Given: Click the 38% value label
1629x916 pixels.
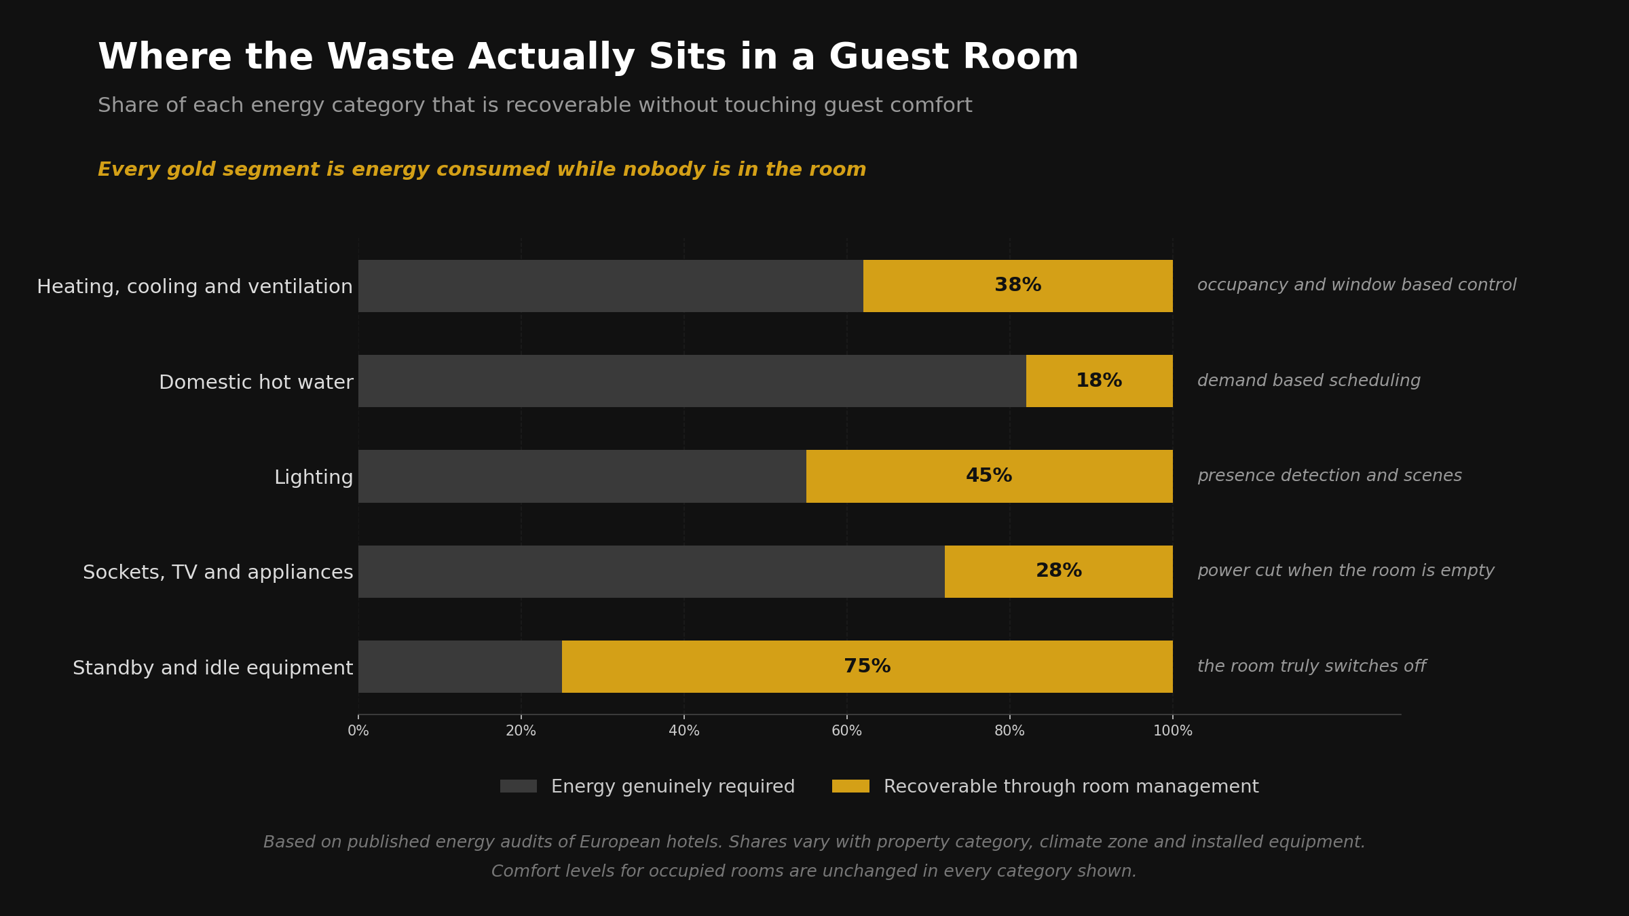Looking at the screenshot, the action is tap(1017, 286).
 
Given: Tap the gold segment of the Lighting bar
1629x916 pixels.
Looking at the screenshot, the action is tap(989, 476).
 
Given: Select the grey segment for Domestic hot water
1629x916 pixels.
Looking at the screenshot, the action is tap(692, 381).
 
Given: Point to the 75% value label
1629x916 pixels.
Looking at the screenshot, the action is tap(867, 666).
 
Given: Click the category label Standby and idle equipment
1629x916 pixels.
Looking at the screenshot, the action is tap(213, 668).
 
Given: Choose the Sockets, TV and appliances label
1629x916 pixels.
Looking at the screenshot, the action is tap(218, 573).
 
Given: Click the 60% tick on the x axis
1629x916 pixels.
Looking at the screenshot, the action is tap(847, 731).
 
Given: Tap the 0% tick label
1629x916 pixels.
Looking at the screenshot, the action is tap(358, 731).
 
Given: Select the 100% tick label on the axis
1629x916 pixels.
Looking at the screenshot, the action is tap(1173, 731).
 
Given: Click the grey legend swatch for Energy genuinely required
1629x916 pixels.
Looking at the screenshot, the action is tap(519, 786).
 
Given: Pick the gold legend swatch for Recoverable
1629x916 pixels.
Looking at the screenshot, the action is tap(850, 786).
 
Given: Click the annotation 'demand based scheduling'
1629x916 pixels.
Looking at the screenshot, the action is tap(1309, 381).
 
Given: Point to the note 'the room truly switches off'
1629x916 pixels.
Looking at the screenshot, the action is tap(1311, 666).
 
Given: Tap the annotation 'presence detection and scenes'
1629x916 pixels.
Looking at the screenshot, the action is tap(1330, 476).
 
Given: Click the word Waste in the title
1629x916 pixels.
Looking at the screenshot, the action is tap(390, 58).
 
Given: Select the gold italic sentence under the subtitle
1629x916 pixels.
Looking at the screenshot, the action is tap(482, 170).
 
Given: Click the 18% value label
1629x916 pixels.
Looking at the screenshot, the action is tap(1099, 381).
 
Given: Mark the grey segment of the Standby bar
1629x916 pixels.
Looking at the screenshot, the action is tap(460, 666).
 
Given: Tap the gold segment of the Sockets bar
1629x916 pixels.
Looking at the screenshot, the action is tap(1059, 571).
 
